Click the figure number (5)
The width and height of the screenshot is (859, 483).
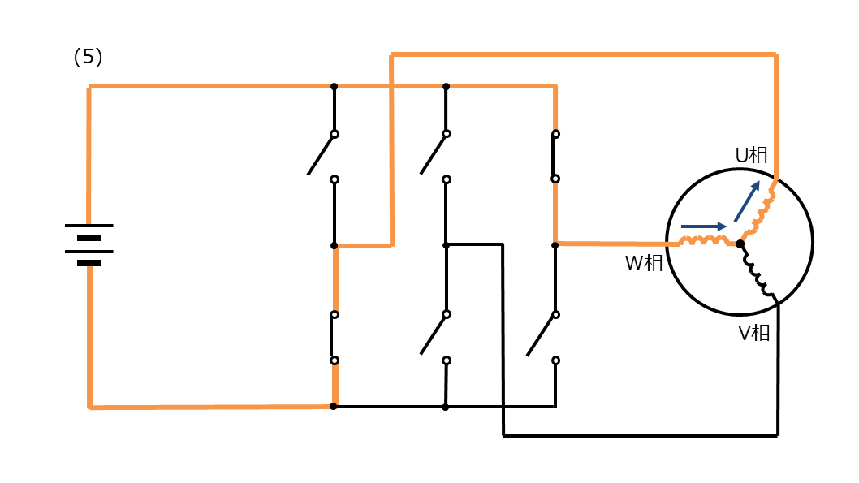(x=88, y=57)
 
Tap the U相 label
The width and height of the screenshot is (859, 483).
(x=751, y=156)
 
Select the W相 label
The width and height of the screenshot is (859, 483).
(x=644, y=263)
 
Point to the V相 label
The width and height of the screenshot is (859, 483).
(x=753, y=333)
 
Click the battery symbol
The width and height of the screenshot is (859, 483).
(x=88, y=245)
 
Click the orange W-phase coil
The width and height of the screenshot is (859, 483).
(x=705, y=241)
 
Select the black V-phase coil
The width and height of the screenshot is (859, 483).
(x=758, y=272)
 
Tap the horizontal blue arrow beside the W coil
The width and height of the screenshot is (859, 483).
(x=703, y=226)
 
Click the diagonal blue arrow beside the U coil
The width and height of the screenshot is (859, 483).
(x=747, y=201)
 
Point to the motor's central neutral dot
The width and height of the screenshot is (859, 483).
(x=740, y=244)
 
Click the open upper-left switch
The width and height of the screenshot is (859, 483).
(x=322, y=156)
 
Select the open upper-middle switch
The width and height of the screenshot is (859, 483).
(x=434, y=156)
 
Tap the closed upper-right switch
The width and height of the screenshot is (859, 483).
(x=555, y=156)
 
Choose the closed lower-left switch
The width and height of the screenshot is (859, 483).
(x=334, y=338)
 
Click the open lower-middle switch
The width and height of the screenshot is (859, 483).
(x=435, y=337)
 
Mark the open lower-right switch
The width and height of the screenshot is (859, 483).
(x=543, y=337)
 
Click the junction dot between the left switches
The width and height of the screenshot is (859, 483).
(x=335, y=246)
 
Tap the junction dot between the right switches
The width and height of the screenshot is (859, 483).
(x=555, y=245)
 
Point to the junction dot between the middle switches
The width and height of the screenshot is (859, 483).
(x=447, y=245)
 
